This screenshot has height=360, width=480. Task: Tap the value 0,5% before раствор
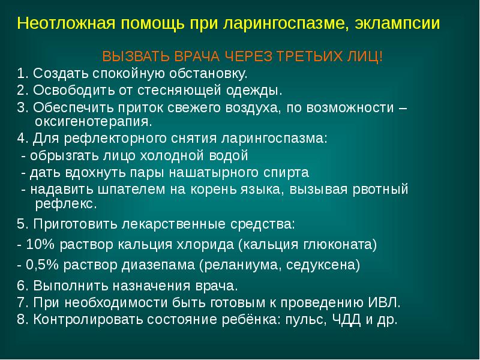tap(40, 264)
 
